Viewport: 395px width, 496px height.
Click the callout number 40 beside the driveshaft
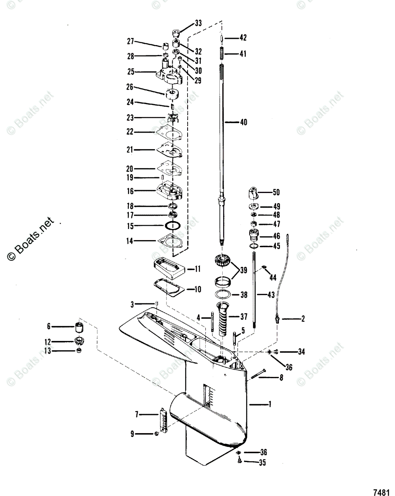[x=243, y=122]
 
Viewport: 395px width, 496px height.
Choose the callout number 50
[x=276, y=192]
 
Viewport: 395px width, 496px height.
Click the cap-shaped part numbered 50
[x=253, y=193]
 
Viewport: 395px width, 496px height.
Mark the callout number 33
[x=198, y=24]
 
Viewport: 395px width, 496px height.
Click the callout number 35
[x=262, y=463]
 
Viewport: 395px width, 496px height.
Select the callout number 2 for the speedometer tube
[x=302, y=319]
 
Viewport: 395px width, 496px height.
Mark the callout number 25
[x=131, y=72]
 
